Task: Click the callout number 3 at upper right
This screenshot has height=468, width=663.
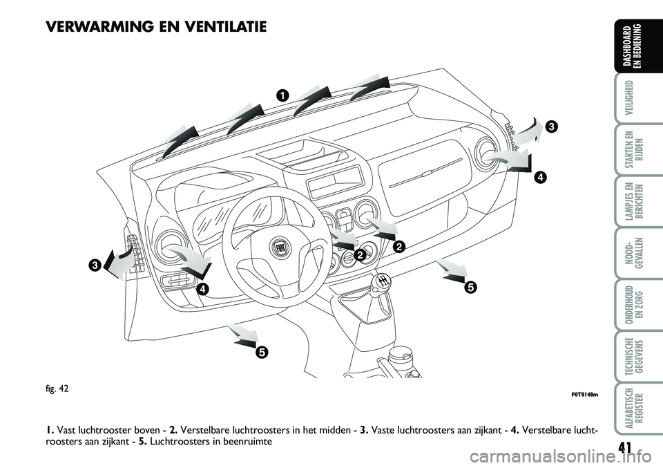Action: pyautogui.click(x=551, y=127)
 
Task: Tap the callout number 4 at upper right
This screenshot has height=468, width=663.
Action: pyautogui.click(x=540, y=177)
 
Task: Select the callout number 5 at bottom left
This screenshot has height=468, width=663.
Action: pyautogui.click(x=260, y=352)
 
